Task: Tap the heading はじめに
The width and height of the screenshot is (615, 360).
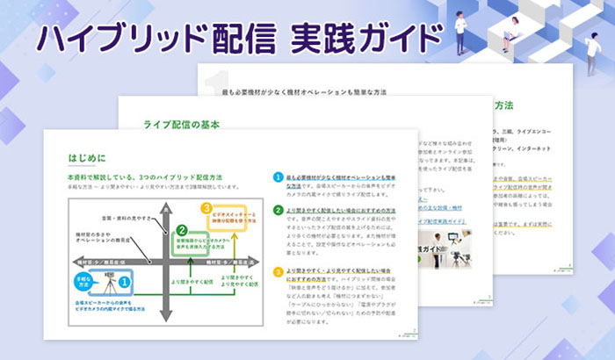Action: click(x=87, y=158)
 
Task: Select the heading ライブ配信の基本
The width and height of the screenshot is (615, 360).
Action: click(x=181, y=125)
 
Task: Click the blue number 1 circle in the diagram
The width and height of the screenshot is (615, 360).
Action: click(x=125, y=281)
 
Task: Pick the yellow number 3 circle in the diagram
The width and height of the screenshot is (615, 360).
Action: click(x=207, y=209)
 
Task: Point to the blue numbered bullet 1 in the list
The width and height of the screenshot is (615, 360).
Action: click(x=278, y=178)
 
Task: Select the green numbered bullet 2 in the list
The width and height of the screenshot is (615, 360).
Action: click(x=278, y=212)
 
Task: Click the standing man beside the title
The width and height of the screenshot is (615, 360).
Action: click(x=463, y=25)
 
